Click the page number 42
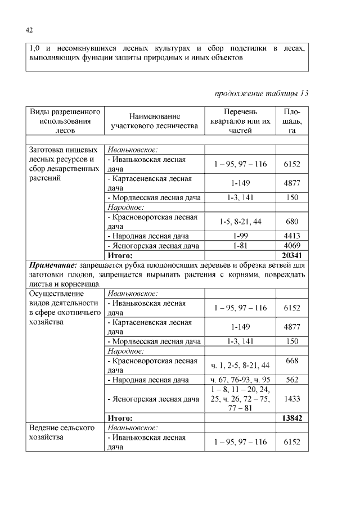[29, 30]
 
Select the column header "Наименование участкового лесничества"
[153, 120]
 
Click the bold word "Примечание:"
[53, 264]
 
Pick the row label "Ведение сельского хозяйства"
[61, 432]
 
